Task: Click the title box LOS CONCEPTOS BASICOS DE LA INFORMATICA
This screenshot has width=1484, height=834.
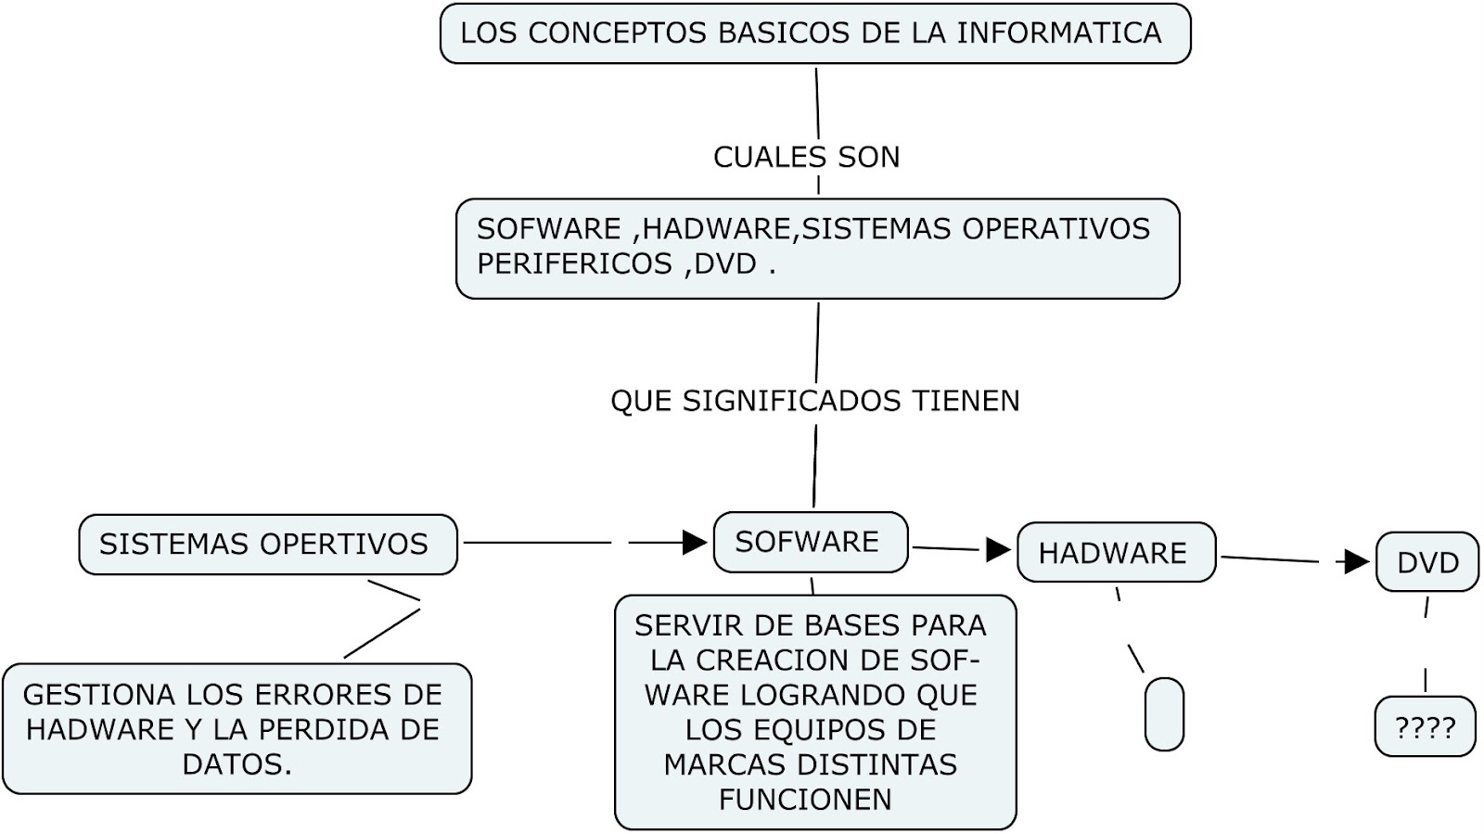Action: (x=814, y=33)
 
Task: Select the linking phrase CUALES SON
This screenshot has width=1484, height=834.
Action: (x=806, y=157)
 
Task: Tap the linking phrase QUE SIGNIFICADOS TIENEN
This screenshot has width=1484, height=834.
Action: (x=814, y=401)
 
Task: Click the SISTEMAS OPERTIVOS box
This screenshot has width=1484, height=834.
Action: (x=267, y=545)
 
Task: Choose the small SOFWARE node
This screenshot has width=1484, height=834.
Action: (x=810, y=542)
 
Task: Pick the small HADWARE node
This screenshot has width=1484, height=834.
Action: (x=1115, y=553)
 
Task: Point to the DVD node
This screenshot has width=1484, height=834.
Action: (x=1426, y=562)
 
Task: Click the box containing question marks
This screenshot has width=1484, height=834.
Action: (x=1425, y=727)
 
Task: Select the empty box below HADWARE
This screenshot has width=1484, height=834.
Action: (x=1164, y=713)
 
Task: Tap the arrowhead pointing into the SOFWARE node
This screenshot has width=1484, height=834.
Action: (x=695, y=543)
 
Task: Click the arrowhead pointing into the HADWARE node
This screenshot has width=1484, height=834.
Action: (x=998, y=550)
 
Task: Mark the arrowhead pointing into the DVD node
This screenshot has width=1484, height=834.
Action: (x=1357, y=561)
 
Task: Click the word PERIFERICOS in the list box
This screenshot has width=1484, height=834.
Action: (x=574, y=264)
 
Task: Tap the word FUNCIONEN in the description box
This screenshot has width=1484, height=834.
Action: (x=805, y=800)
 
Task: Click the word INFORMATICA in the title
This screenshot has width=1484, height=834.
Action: (x=1059, y=33)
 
